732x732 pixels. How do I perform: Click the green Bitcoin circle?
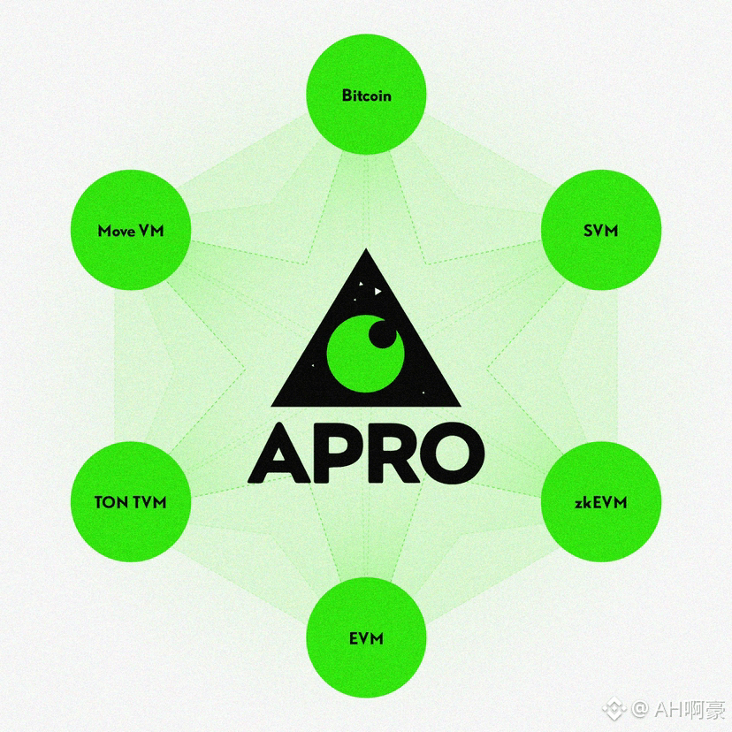click(366, 95)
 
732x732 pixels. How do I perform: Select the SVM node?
click(601, 232)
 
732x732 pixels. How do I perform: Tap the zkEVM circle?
click(601, 502)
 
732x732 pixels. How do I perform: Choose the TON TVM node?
click(131, 502)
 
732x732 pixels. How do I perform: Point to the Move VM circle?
click(131, 232)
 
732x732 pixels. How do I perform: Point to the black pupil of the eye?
click(382, 333)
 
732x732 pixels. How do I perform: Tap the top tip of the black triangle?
click(366, 253)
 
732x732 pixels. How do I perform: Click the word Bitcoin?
click(366, 95)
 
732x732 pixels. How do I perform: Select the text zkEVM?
click(601, 503)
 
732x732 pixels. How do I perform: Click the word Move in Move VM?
click(116, 232)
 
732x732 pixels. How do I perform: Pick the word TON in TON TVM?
click(111, 502)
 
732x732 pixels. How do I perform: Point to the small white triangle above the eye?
click(377, 290)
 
